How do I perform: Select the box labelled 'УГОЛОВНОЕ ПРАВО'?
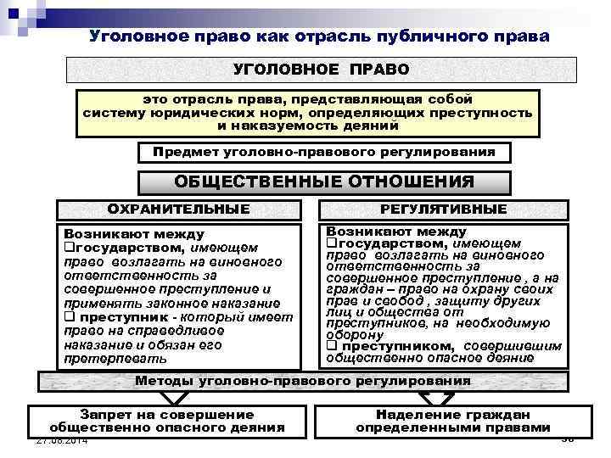321,69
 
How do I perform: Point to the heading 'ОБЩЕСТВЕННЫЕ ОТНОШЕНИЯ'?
324,182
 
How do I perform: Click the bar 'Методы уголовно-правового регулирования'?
303,381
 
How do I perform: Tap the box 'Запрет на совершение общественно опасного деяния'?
166,421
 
